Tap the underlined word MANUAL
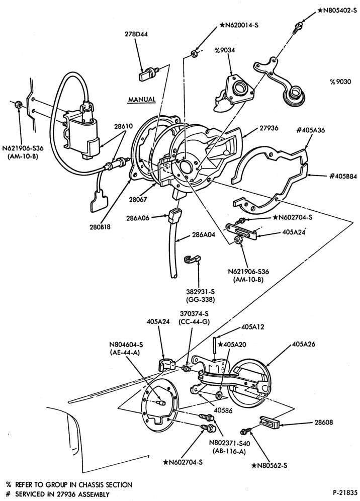pyautogui.click(x=142, y=100)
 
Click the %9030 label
pyautogui.click(x=340, y=82)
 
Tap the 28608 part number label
pyautogui.click(x=323, y=423)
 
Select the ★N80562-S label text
pyautogui.click(x=269, y=465)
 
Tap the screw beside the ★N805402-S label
pyautogui.click(x=296, y=28)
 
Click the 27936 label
pyautogui.click(x=268, y=128)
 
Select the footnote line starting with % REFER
pyautogui.click(x=69, y=485)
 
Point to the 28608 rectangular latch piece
pyautogui.click(x=271, y=423)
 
